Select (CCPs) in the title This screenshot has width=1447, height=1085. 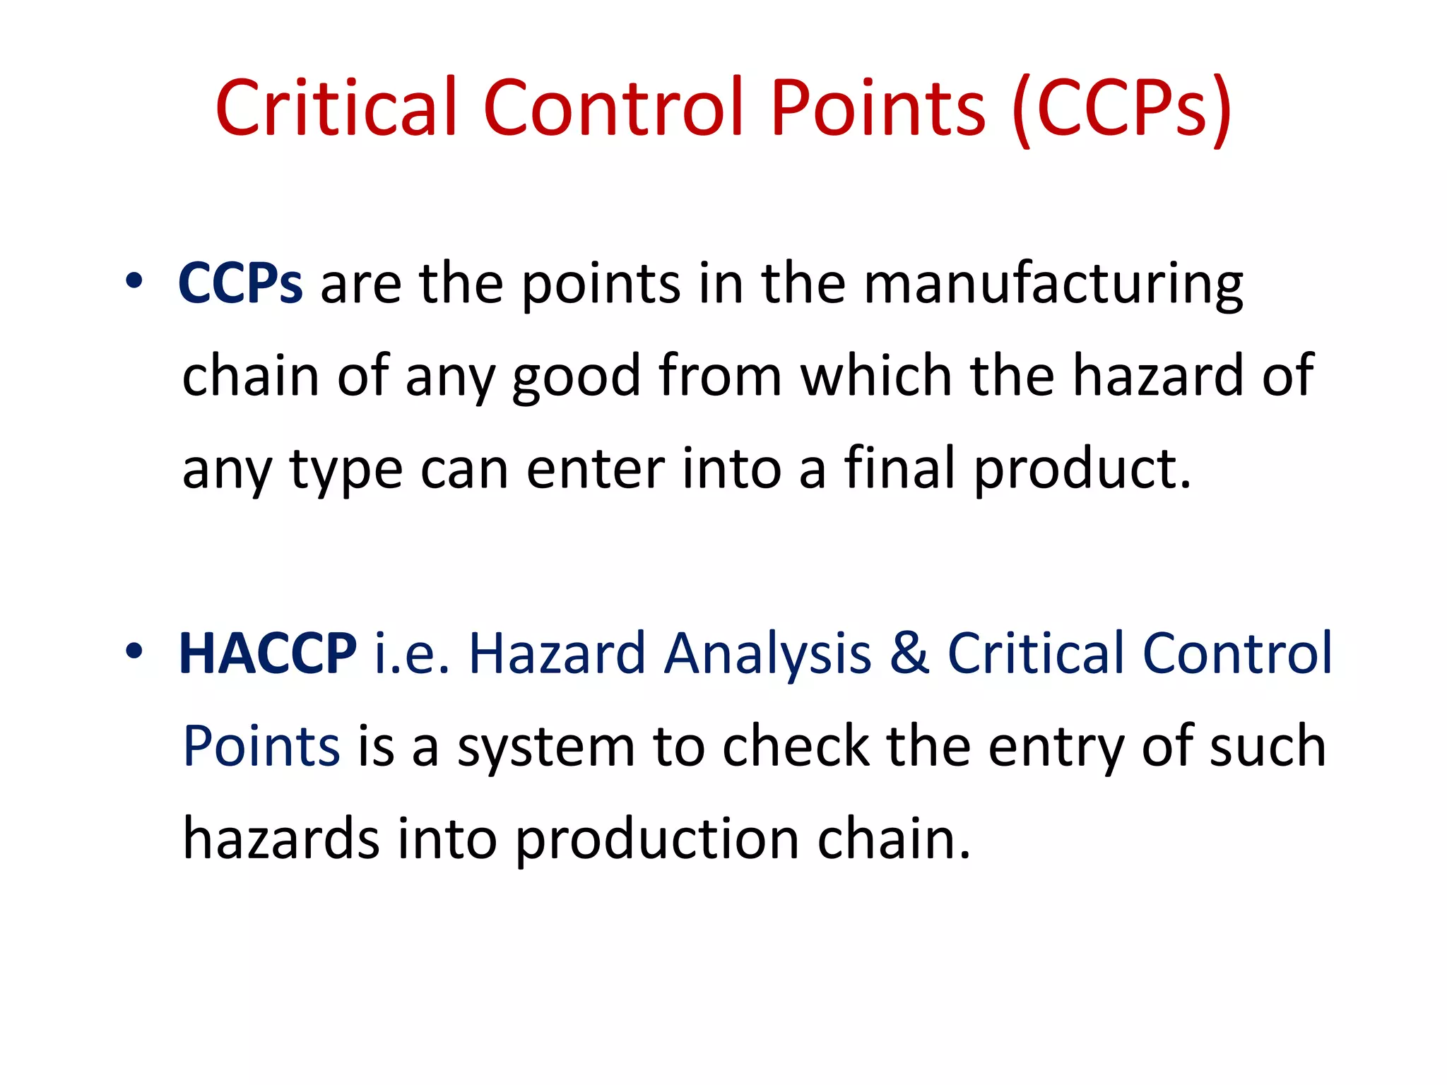tap(1122, 109)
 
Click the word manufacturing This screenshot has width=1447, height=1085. tap(1053, 285)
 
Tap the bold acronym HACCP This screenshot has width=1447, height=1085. tap(268, 653)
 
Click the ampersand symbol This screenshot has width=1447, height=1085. tap(909, 653)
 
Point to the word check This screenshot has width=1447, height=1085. tap(796, 746)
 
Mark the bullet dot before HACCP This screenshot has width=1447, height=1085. tap(134, 651)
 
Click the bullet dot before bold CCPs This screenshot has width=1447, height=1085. tap(134, 281)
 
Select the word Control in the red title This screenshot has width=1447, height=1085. tap(613, 107)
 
